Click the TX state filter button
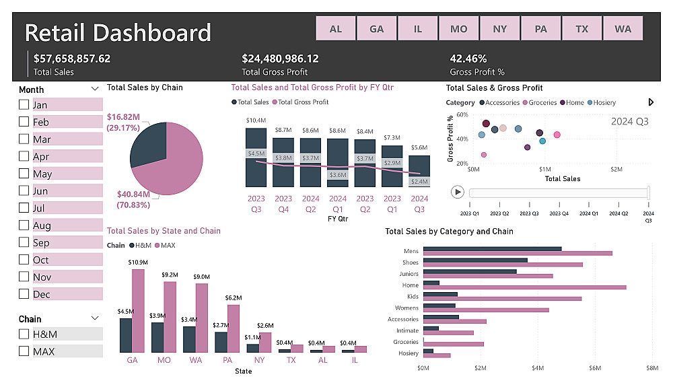[582, 29]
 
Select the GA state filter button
[377, 29]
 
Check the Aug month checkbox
[24, 225]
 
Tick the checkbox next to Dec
[24, 294]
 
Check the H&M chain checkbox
[24, 334]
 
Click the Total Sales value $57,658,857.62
[72, 59]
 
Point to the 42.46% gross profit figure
[468, 59]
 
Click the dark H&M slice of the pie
[147, 145]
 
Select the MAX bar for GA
[138, 310]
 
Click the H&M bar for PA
[220, 342]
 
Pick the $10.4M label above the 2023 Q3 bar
[256, 120]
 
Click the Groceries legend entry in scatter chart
[542, 102]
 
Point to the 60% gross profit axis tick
[462, 114]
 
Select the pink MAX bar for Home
[524, 287]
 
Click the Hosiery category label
[408, 353]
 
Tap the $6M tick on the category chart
[594, 368]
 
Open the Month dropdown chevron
[94, 89]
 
